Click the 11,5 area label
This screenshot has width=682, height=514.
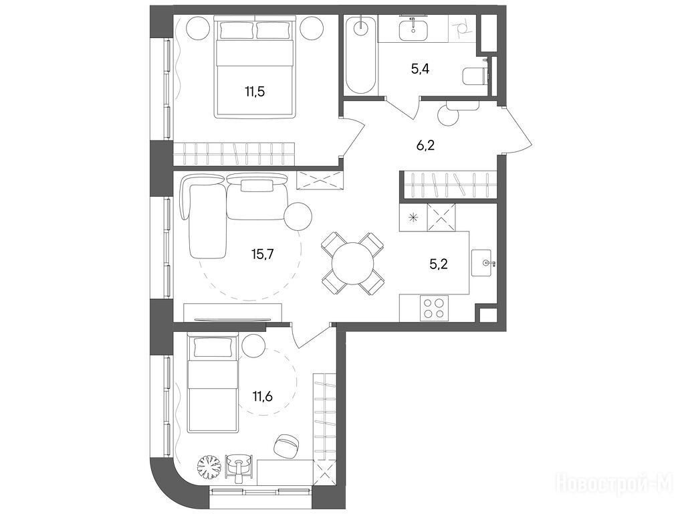(255, 92)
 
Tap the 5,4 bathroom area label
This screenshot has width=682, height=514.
(420, 69)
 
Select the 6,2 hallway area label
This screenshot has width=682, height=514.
(425, 145)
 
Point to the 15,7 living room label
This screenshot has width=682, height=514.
(262, 254)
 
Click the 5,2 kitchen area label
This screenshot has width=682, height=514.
(439, 264)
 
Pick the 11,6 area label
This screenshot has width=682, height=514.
(262, 396)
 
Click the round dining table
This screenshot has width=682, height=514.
(352, 264)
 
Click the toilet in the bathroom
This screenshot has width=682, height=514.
(473, 77)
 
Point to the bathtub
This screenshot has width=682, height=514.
(360, 54)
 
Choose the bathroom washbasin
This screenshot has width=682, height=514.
(413, 29)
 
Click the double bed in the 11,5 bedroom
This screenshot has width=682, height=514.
(255, 68)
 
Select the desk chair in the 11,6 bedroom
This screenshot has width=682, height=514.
(286, 445)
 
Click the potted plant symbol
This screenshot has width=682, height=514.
(210, 467)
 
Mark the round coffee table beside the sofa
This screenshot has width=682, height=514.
(298, 216)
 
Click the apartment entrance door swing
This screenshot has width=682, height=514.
(518, 131)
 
